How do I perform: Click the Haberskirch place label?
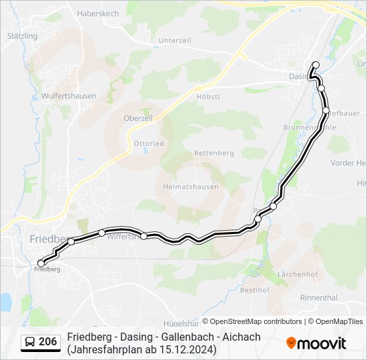click(97, 13)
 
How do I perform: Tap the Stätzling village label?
click(23, 35)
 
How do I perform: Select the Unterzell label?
click(175, 41)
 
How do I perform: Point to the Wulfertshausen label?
click(69, 96)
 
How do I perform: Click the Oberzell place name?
click(139, 118)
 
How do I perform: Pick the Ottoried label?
click(149, 143)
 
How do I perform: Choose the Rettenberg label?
click(214, 153)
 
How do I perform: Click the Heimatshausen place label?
click(191, 187)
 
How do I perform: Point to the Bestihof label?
click(254, 290)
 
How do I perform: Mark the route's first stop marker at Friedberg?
click(41, 263)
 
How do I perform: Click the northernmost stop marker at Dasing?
click(316, 65)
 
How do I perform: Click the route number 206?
click(48, 342)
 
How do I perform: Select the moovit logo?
click(316, 343)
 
